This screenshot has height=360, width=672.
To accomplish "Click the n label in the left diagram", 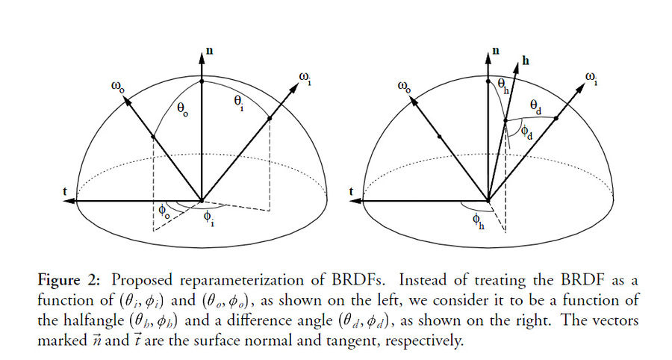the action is [210, 51].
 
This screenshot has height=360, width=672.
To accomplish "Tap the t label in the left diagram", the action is [65, 190].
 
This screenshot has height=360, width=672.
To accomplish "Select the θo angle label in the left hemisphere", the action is [183, 110].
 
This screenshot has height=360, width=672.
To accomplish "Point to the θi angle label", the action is [239, 103].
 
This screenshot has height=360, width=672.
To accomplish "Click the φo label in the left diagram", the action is [164, 211].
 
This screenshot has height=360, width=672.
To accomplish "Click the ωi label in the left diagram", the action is [305, 78].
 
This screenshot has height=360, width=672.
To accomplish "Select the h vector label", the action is [526, 60].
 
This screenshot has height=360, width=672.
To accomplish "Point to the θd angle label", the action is [536, 107].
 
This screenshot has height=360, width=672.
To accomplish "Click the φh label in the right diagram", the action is [479, 222].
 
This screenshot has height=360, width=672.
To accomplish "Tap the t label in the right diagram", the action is [352, 191].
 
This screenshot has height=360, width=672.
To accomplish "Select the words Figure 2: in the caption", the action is [69, 281].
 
